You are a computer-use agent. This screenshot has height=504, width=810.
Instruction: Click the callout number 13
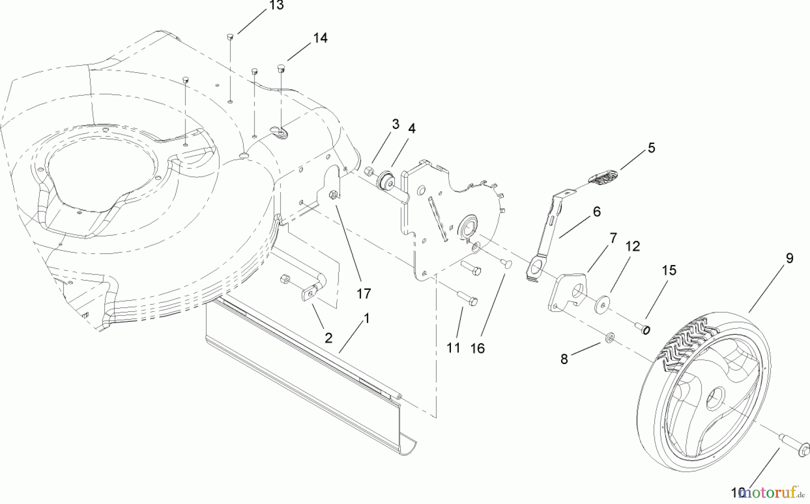[276, 6]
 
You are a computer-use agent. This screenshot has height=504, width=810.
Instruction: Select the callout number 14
[320, 38]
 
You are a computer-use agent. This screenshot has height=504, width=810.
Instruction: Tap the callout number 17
[364, 293]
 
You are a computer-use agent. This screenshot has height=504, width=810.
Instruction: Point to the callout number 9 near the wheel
[789, 258]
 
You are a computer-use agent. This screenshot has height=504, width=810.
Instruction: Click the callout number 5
[651, 148]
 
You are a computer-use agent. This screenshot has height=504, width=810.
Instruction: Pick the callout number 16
[477, 348]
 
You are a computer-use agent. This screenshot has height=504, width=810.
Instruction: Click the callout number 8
[564, 359]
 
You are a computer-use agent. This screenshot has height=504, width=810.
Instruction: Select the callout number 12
[632, 246]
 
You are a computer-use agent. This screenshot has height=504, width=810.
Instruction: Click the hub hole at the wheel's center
[715, 398]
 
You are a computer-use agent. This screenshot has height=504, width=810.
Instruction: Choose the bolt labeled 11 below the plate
[468, 298]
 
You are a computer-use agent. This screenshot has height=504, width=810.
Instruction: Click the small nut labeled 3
[368, 171]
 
